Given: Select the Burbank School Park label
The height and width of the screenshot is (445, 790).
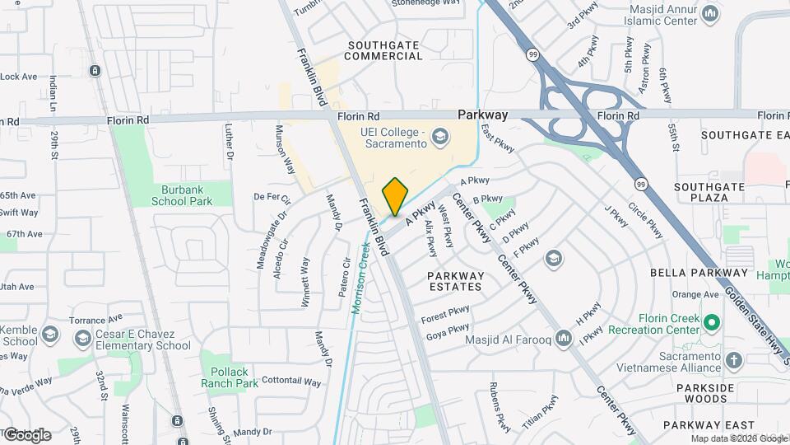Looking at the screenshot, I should (182, 194).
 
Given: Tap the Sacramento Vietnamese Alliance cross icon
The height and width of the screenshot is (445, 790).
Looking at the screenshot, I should (733, 360).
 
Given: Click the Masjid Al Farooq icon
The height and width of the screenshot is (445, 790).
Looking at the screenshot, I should (564, 338).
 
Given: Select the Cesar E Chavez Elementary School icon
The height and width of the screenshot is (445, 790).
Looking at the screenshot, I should (81, 339).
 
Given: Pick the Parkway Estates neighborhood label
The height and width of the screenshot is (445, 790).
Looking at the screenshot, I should (455, 281).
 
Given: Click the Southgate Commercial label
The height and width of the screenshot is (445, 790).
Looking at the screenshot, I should (384, 50).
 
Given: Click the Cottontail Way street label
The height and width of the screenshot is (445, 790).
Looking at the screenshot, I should (290, 382).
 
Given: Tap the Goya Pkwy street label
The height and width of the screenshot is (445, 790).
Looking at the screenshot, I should (448, 332).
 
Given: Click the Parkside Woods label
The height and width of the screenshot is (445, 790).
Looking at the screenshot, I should (704, 392).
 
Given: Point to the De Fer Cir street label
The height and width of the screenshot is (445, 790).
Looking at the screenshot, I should (272, 197).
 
